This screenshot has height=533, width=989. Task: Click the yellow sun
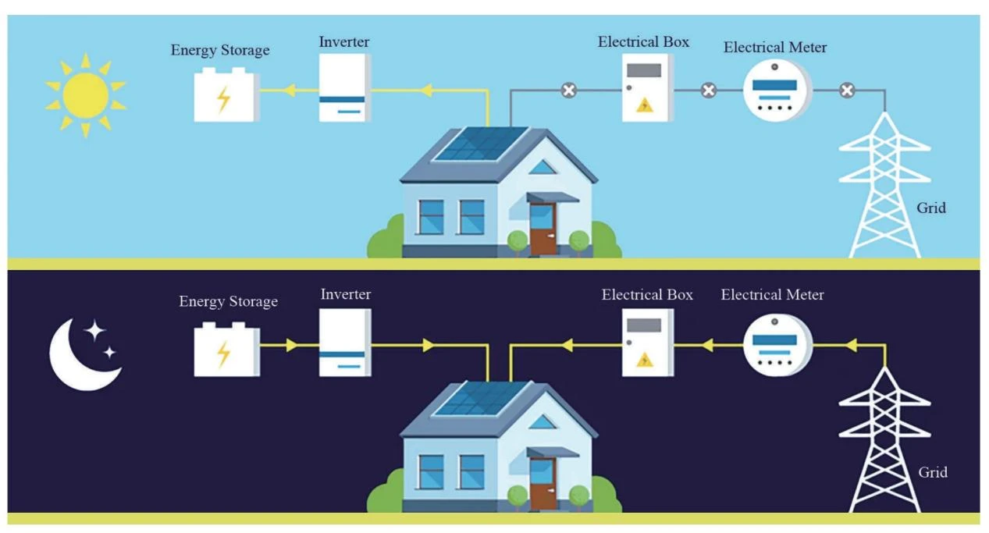(86, 95)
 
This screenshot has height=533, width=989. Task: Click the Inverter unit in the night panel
(345, 343)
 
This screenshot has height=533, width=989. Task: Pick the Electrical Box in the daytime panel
(648, 87)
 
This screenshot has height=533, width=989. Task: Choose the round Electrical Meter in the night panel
(777, 345)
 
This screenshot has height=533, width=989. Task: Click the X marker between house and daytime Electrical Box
(569, 91)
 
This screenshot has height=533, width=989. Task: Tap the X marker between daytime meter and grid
(847, 91)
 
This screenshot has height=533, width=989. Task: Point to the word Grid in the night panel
(933, 472)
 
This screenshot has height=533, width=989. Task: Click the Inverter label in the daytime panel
(344, 42)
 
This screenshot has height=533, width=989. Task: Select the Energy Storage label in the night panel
(228, 301)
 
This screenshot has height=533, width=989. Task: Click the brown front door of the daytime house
(543, 229)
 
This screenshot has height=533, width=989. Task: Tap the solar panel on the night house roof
(482, 398)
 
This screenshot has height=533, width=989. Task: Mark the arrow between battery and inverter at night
(292, 345)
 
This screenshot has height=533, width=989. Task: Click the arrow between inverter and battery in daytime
(290, 91)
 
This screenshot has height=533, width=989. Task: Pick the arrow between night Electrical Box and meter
(708, 345)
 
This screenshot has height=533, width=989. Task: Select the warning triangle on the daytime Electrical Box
(645, 105)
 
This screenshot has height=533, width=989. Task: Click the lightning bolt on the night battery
(224, 354)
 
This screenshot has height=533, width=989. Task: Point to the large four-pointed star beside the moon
(94, 330)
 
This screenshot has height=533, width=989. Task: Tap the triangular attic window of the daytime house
(543, 168)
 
